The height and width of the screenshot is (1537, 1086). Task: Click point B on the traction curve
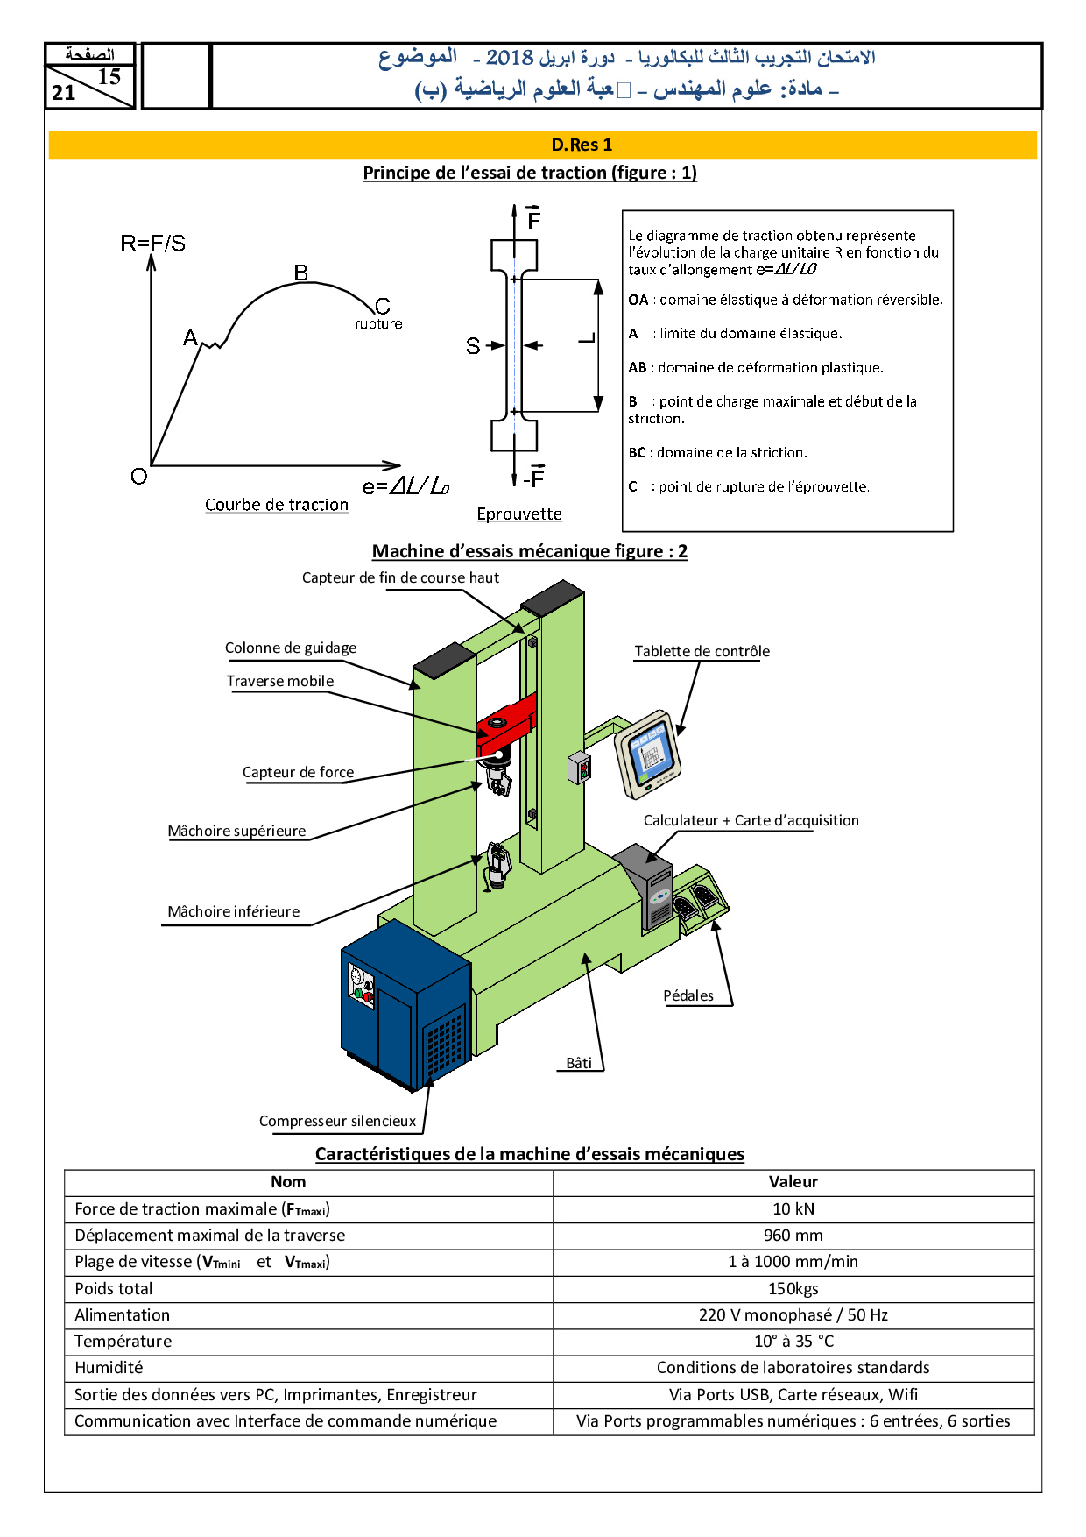pyautogui.click(x=300, y=273)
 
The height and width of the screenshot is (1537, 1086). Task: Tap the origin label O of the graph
pyautogui.click(x=138, y=477)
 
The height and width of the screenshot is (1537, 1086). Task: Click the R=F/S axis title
pyautogui.click(x=153, y=244)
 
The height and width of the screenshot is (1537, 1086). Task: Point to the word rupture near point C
pyautogui.click(x=378, y=324)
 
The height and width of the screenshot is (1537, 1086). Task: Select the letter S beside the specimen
pyautogui.click(x=473, y=346)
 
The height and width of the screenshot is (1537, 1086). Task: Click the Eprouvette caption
pyautogui.click(x=519, y=514)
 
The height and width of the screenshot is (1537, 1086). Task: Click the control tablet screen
pyautogui.click(x=650, y=754)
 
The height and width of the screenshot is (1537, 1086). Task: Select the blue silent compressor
pyautogui.click(x=403, y=1008)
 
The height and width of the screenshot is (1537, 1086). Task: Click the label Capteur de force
pyautogui.click(x=298, y=772)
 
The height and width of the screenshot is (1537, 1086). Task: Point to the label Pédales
pyautogui.click(x=688, y=995)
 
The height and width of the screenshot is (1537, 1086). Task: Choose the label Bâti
pyautogui.click(x=579, y=1063)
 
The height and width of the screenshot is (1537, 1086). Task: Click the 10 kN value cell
pyautogui.click(x=793, y=1209)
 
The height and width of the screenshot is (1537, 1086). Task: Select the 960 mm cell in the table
pyautogui.click(x=793, y=1236)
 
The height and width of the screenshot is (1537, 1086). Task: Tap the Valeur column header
pyautogui.click(x=793, y=1182)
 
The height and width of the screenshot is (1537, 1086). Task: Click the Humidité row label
pyautogui.click(x=109, y=1368)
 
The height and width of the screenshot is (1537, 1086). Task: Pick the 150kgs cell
pyautogui.click(x=793, y=1289)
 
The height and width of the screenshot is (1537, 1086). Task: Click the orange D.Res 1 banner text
pyautogui.click(x=582, y=145)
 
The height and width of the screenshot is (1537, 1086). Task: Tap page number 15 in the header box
pyautogui.click(x=109, y=77)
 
